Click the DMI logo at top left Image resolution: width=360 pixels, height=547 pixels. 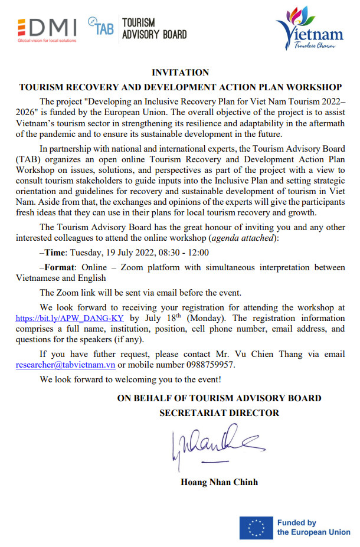[x=47, y=27]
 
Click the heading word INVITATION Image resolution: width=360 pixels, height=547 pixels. [x=180, y=73]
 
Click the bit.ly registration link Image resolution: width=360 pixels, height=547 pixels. [x=69, y=317]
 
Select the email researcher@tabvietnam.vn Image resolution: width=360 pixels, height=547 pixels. [x=66, y=365]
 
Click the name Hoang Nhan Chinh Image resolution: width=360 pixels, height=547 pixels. [x=219, y=482]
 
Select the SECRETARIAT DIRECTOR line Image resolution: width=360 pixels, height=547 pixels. [x=219, y=413]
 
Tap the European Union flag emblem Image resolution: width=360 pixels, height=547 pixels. [x=256, y=527]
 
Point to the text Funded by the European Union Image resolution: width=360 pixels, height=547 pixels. [x=313, y=527]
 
